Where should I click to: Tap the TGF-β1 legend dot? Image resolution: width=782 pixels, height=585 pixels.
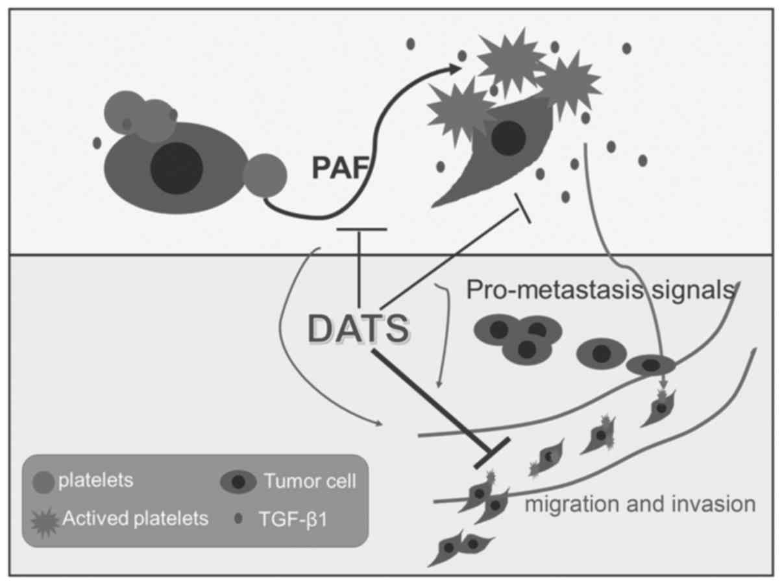(238, 519)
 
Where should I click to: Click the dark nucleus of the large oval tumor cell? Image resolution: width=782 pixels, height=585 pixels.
(177, 168)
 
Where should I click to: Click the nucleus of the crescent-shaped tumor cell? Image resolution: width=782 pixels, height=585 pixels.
(509, 137)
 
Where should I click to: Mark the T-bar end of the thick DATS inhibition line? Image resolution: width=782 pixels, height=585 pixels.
(491, 453)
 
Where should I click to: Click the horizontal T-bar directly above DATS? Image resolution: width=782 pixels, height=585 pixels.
(362, 229)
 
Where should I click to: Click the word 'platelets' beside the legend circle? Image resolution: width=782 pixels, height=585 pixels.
(95, 481)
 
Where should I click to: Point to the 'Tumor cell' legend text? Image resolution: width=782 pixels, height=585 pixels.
(310, 481)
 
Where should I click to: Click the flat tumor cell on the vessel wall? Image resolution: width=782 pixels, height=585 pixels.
(651, 365)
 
